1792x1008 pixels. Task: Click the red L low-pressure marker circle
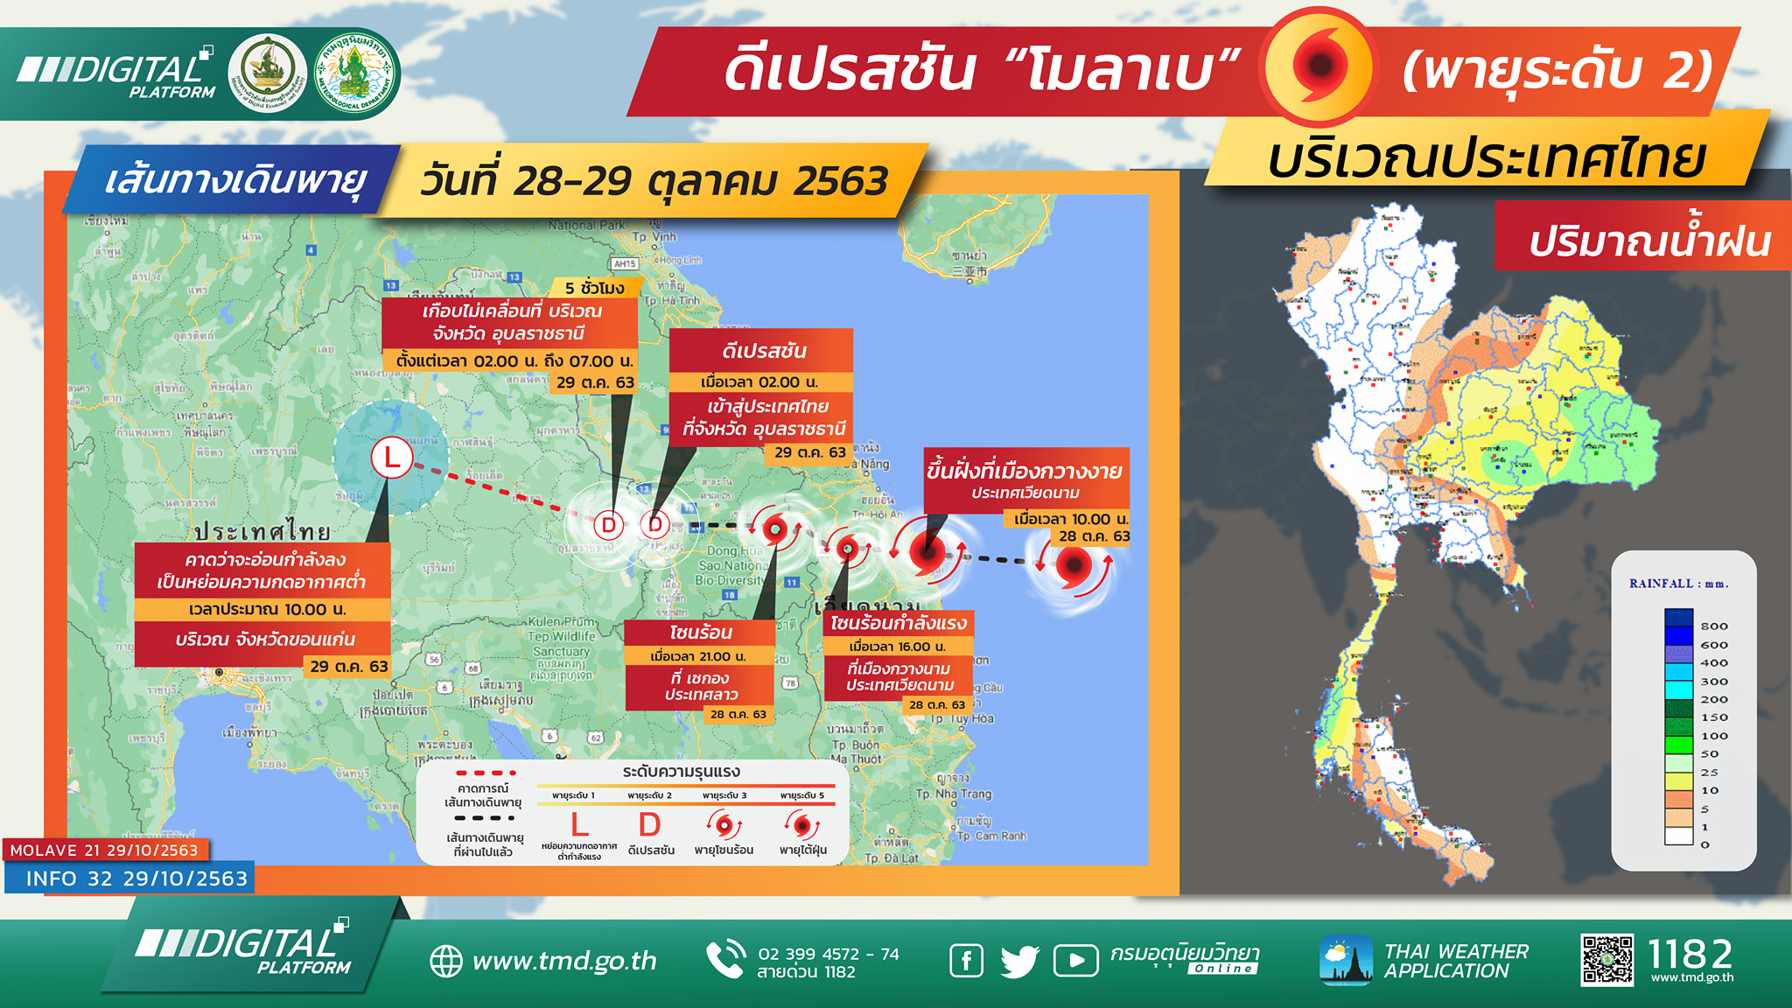pos(391,457)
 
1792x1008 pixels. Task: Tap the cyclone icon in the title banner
pos(1319,66)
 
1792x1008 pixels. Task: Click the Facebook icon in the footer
pos(966,961)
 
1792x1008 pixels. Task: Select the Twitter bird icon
pos(1019,961)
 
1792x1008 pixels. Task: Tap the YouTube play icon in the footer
pos(1075,961)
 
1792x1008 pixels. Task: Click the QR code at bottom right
pos(1606,961)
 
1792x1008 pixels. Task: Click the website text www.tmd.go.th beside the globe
pos(564,961)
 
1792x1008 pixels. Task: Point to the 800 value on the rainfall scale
pos(1713,626)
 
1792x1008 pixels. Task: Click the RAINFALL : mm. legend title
pos(1678,584)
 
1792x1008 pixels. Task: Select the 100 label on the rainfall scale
pos(1713,736)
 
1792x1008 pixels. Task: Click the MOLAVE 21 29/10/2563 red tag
pos(105,850)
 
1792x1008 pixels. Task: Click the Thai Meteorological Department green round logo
pos(354,73)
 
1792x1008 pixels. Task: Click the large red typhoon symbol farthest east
pos(1073,564)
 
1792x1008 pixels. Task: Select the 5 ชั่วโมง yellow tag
pos(595,288)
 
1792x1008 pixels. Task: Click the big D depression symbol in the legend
pos(649,824)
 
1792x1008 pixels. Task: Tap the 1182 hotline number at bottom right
pos(1690,953)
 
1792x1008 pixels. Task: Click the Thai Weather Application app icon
pos(1346,961)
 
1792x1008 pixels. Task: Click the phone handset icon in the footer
pos(725,961)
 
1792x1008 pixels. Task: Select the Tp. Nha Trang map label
pos(953,794)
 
